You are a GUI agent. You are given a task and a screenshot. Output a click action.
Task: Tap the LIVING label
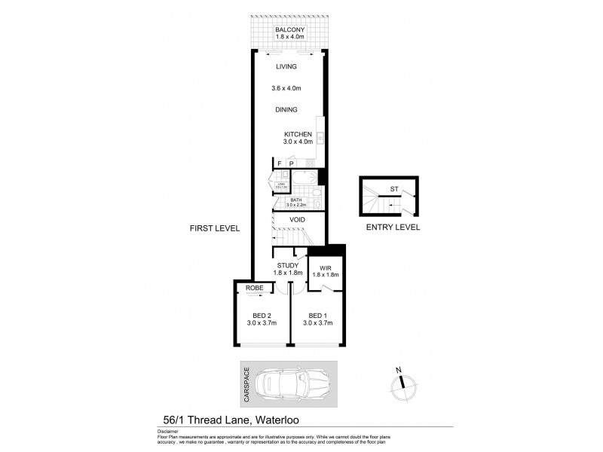point(286,67)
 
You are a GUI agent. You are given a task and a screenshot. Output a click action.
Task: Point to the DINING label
point(286,110)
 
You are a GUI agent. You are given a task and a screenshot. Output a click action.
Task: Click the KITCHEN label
point(298,134)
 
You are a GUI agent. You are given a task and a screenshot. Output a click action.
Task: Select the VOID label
point(297,220)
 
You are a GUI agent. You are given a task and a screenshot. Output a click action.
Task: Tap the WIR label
point(326,267)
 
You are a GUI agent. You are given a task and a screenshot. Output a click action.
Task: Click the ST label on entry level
point(393,189)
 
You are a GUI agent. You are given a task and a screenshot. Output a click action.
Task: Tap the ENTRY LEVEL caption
point(393,227)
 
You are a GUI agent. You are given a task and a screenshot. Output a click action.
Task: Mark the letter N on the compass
point(399,371)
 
